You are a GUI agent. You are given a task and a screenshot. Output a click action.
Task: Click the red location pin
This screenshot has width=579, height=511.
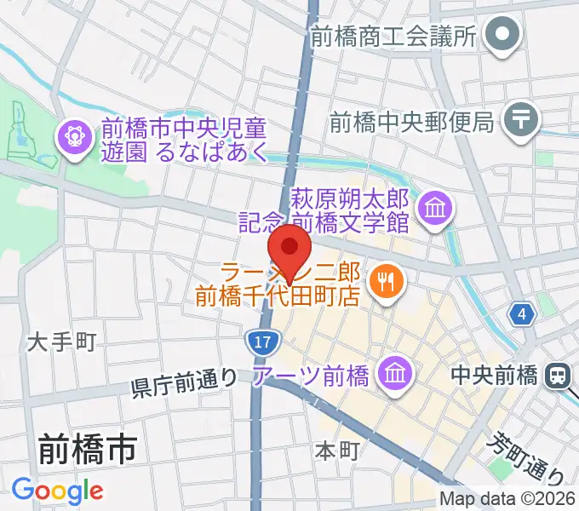(290, 249)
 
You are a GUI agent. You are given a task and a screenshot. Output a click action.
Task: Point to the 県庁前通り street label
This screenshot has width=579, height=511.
(184, 384)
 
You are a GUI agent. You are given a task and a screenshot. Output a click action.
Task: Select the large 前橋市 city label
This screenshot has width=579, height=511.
(87, 449)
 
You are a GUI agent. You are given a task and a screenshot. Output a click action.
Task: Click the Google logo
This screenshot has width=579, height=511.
(57, 490)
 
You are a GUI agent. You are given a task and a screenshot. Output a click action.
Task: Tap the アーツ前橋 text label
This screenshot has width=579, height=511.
(312, 375)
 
